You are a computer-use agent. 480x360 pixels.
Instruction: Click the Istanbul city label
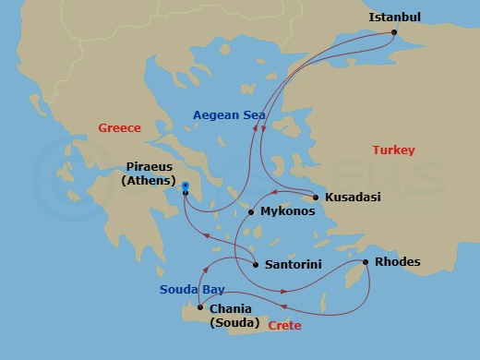[x=394, y=18]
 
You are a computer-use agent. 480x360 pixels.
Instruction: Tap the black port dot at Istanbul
[x=394, y=33]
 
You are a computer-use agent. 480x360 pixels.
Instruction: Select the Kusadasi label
[x=354, y=198]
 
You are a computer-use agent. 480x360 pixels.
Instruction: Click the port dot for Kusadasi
[x=316, y=198]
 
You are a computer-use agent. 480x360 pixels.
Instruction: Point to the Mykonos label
[x=287, y=211]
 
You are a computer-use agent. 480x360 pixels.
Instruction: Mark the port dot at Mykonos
[x=251, y=212]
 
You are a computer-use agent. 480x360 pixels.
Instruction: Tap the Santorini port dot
[x=255, y=265]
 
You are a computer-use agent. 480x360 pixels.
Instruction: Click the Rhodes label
[x=399, y=262]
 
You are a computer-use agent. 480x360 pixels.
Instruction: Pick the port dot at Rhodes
[x=366, y=263]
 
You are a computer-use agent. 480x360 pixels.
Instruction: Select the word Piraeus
[x=149, y=168]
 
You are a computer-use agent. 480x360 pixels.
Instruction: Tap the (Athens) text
[x=149, y=182]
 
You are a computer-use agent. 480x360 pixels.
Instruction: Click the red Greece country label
[x=119, y=128]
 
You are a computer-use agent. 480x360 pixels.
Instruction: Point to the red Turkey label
[x=393, y=150]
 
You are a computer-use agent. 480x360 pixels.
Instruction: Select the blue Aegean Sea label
[x=229, y=115]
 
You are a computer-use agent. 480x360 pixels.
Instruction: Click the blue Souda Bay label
[x=192, y=289]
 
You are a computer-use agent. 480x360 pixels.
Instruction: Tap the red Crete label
[x=284, y=326]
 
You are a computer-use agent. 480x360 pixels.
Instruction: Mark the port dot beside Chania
[x=199, y=307]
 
